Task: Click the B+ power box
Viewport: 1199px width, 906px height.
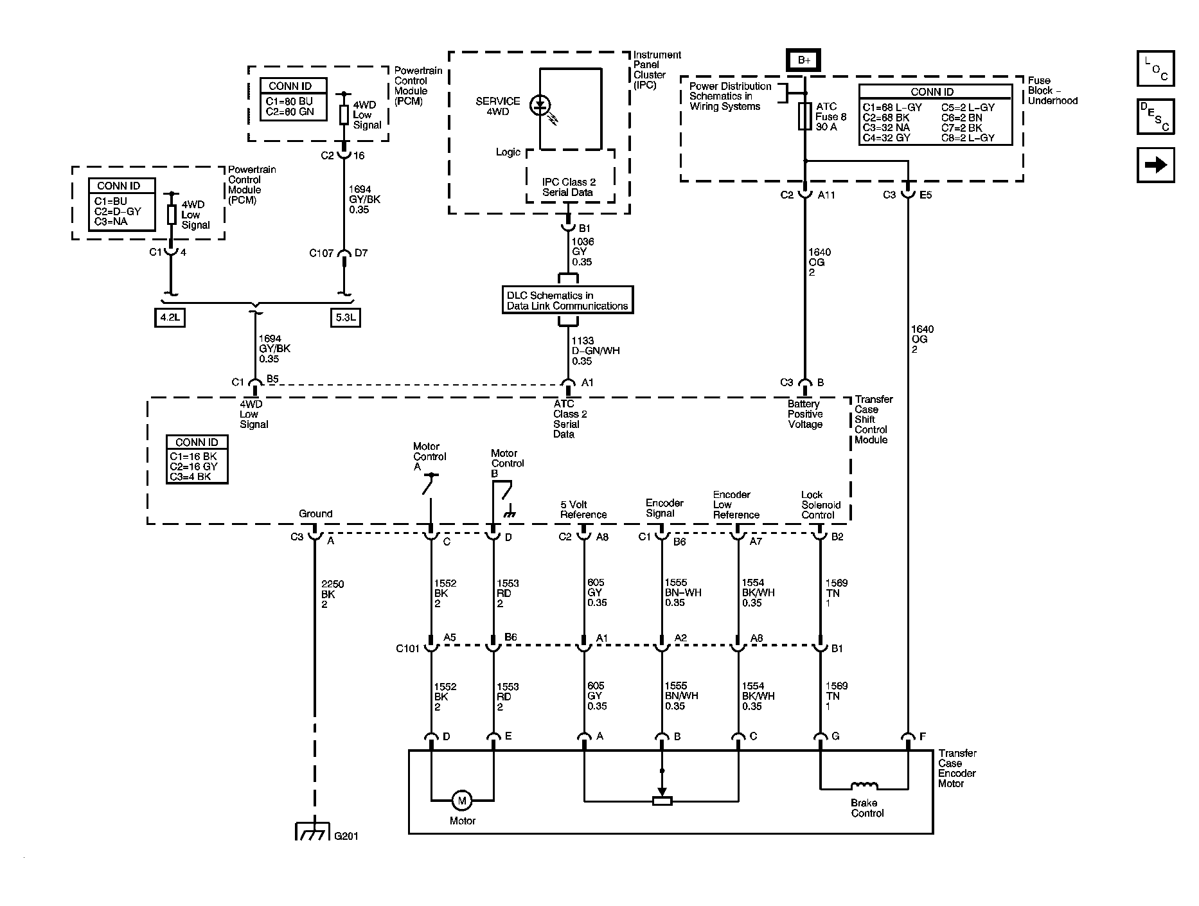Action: click(x=804, y=60)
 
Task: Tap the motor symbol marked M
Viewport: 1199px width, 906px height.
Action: click(x=461, y=801)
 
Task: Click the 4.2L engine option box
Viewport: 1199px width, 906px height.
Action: click(x=170, y=317)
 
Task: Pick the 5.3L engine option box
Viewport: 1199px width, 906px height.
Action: click(x=345, y=317)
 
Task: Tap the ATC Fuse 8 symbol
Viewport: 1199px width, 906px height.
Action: click(x=804, y=116)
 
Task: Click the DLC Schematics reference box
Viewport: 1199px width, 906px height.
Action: click(x=567, y=300)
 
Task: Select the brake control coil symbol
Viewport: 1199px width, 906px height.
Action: click(x=864, y=786)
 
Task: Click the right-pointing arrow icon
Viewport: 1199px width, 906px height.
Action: click(x=1155, y=165)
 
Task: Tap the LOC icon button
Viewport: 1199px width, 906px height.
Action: click(x=1155, y=69)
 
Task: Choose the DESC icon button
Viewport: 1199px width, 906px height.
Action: click(x=1155, y=116)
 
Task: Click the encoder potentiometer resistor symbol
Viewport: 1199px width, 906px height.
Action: click(x=662, y=801)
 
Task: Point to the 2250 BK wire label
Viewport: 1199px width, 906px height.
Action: click(x=332, y=594)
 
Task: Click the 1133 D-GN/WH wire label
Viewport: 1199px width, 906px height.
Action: click(x=595, y=351)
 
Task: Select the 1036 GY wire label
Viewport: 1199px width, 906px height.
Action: click(x=582, y=251)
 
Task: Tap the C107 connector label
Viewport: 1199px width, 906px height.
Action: click(x=321, y=253)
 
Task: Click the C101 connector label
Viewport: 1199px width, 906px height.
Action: click(x=407, y=648)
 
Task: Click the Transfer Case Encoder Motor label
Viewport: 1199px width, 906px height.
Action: click(x=957, y=768)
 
